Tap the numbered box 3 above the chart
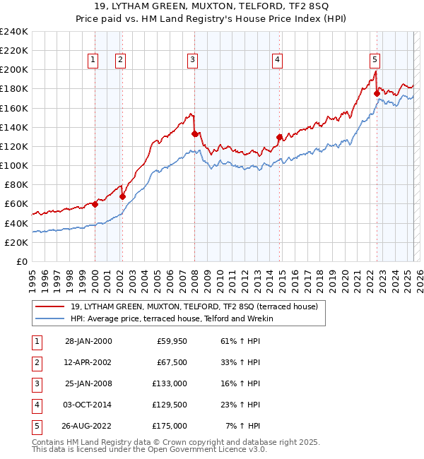pyautogui.click(x=192, y=61)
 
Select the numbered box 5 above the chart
pyautogui.click(x=375, y=61)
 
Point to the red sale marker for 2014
pyautogui.click(x=279, y=137)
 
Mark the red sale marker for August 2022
pyautogui.click(x=377, y=93)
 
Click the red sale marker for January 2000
pyautogui.click(x=95, y=204)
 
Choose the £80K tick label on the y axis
pyautogui.click(x=16, y=185)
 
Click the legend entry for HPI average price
pyautogui.click(x=171, y=318)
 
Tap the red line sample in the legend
pyautogui.click(x=49, y=306)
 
